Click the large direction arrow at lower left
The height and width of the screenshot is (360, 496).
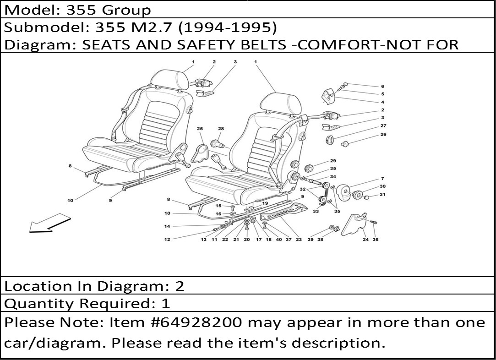point(49,224)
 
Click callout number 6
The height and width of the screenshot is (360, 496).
point(382,87)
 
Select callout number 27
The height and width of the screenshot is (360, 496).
point(383,125)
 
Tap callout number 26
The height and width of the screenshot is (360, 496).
point(383,134)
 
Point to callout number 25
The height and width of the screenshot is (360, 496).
point(200,128)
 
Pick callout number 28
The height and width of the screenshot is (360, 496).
point(221,128)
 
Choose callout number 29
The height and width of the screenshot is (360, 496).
point(333,161)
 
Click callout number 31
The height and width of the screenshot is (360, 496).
point(382,194)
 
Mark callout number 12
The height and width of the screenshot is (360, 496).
point(167,240)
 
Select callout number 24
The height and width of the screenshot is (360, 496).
point(365,240)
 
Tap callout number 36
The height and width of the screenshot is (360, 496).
point(376,240)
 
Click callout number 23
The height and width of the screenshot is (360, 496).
point(299,240)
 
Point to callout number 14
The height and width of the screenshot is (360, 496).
point(167,226)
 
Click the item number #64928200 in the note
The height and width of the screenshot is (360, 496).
point(198,322)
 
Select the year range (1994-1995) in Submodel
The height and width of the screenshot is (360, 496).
point(228,27)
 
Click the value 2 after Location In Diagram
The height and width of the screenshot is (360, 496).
point(180,286)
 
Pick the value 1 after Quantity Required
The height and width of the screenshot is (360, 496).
point(166,304)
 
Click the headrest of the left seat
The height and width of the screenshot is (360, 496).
point(169,78)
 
